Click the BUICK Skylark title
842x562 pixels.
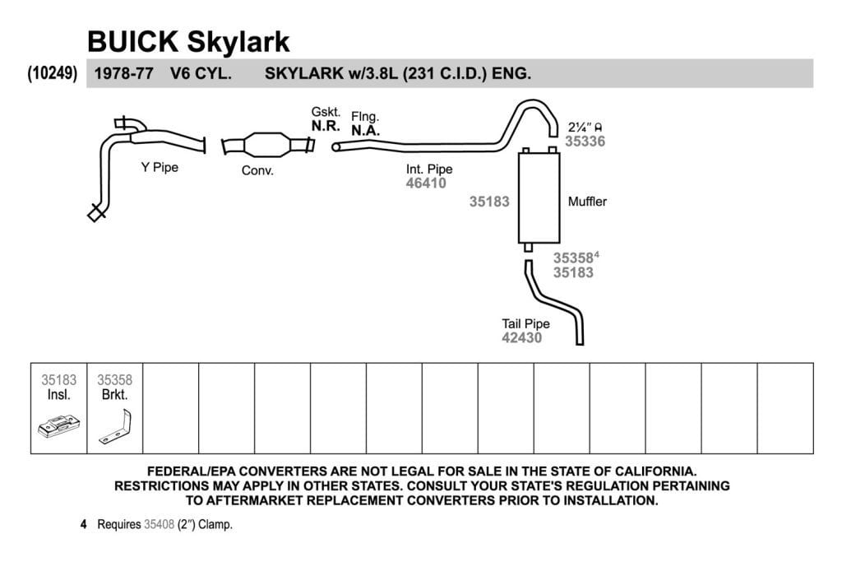pos(188,41)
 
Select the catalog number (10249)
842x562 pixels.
pos(53,72)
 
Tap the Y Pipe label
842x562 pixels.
pos(160,167)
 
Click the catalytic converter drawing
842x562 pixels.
pos(268,145)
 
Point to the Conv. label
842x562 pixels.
pos(257,170)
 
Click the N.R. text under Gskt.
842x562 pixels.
pos(326,126)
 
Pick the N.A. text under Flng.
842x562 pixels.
pos(366,131)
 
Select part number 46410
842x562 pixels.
pos(426,183)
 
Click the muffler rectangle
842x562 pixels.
pos(539,197)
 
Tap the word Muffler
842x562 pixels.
pos(587,202)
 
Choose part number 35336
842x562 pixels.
pos(585,142)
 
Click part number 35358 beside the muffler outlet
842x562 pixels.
pos(573,258)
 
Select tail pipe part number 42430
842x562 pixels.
pos(522,338)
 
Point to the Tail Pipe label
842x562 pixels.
pos(525,324)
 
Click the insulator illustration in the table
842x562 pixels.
pos(59,426)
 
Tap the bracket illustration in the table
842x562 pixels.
pos(116,427)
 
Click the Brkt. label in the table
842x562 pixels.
pos(115,395)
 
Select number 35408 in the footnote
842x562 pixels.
pos(159,524)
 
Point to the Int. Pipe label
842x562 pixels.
pos(429,170)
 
